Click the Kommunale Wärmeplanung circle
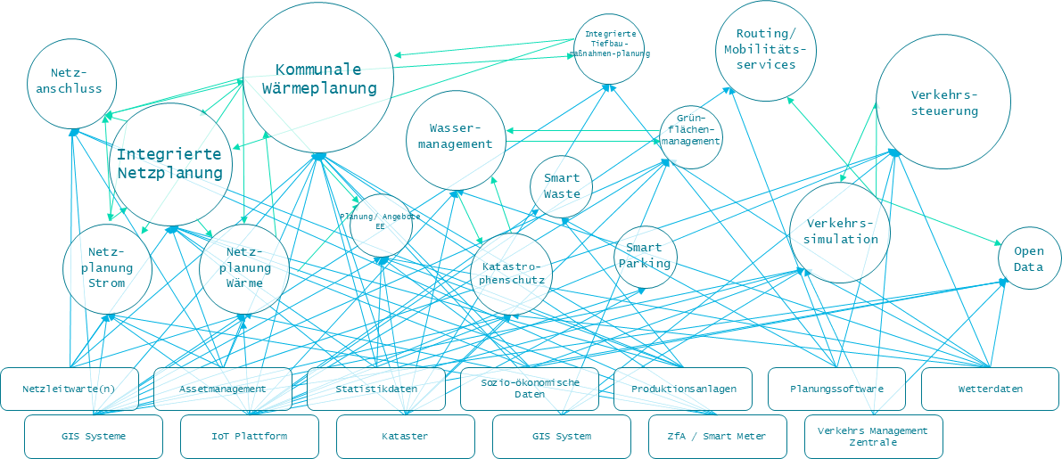pyautogui.click(x=318, y=78)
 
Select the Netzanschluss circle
pyautogui.click(x=71, y=81)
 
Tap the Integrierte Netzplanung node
pyautogui.click(x=170, y=163)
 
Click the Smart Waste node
pyautogui.click(x=562, y=186)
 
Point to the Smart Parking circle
pyautogui.click(x=645, y=257)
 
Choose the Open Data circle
pyautogui.click(x=1028, y=259)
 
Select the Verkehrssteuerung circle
pyautogui.click(x=943, y=102)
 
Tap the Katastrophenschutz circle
pyautogui.click(x=512, y=274)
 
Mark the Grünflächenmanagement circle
pyautogui.click(x=691, y=136)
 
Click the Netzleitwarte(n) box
pyautogui.click(x=70, y=389)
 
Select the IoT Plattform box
pyautogui.click(x=249, y=436)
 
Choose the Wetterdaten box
pyautogui.click(x=990, y=389)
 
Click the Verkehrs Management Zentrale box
pyautogui.click(x=873, y=436)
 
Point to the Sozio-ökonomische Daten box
pyautogui.click(x=530, y=389)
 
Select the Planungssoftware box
pyautogui.click(x=836, y=389)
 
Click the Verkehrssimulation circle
pyautogui.click(x=840, y=232)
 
